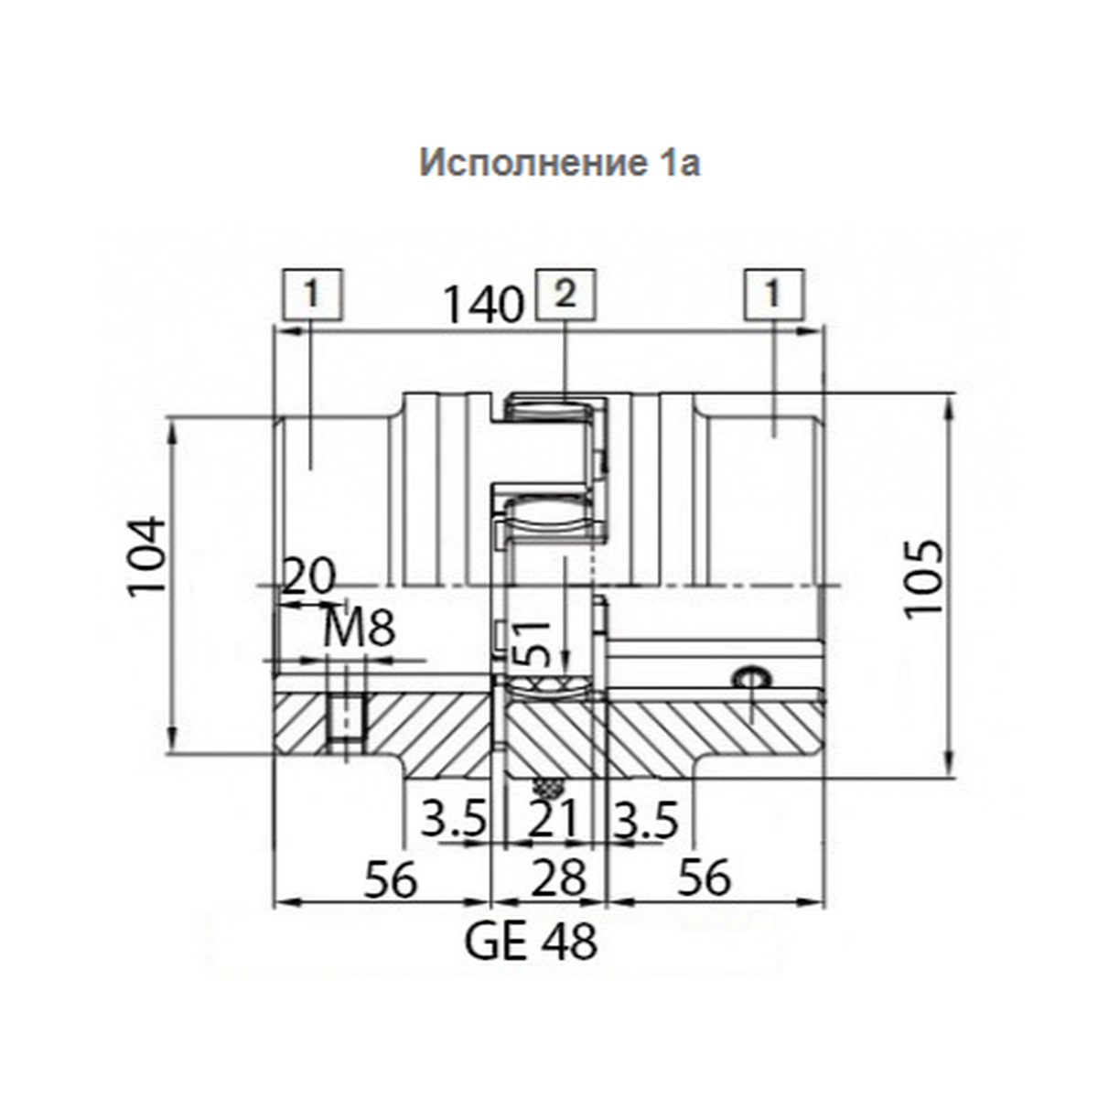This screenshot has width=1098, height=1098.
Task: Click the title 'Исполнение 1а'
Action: [x=560, y=163]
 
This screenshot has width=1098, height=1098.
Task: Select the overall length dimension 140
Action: [x=483, y=305]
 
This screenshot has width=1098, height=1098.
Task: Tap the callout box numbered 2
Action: [x=565, y=294]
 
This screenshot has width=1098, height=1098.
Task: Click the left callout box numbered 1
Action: [x=312, y=294]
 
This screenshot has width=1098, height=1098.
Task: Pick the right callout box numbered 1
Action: [x=773, y=294]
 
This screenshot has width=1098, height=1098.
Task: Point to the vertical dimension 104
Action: [x=147, y=556]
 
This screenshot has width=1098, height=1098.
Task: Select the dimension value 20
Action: [x=308, y=576]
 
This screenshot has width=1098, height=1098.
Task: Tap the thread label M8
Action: [x=358, y=629]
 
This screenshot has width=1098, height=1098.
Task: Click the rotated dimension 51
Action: [x=531, y=644]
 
